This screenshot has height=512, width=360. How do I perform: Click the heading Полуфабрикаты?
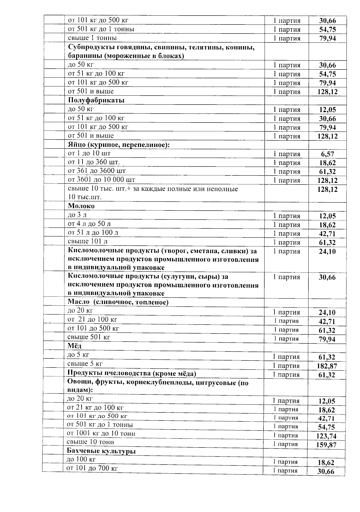coord(96,100)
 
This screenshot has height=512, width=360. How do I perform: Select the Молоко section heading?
coord(81,206)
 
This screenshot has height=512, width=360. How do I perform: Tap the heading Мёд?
coord(74,346)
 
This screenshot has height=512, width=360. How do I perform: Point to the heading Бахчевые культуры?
coord(101,451)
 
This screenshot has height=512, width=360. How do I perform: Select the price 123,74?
coord(326,436)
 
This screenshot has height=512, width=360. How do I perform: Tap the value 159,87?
coord(326,445)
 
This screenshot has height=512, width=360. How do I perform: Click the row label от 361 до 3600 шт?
coord(97,171)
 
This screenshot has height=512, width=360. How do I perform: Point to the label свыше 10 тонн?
coord(90,442)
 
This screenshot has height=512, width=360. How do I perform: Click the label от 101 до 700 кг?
coord(92,468)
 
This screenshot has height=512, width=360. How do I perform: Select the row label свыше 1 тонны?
coord(92,38)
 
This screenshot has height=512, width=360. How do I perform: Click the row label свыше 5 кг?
coord(85,364)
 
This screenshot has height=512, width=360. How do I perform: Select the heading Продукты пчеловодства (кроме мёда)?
coord(132,374)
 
